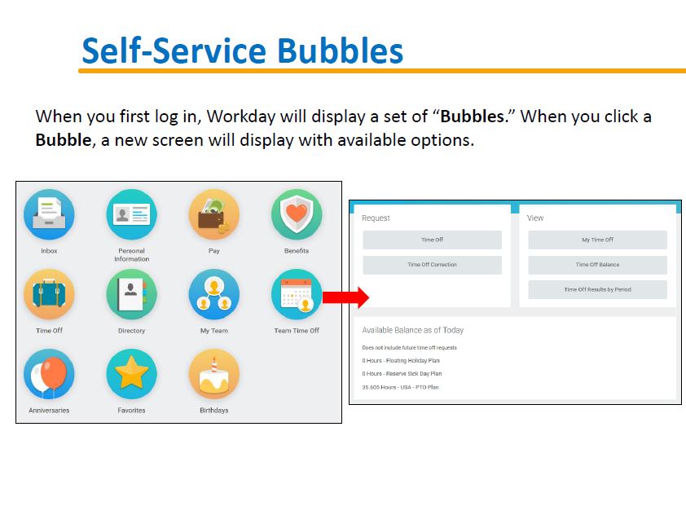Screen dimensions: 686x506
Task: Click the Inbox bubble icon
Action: (x=49, y=214)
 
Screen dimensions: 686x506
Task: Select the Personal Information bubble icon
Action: (x=131, y=214)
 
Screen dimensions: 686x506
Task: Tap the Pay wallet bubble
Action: (x=214, y=214)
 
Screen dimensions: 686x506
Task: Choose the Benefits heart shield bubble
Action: (x=297, y=214)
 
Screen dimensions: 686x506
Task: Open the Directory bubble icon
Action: (x=131, y=294)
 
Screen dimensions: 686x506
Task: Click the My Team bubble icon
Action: (x=214, y=294)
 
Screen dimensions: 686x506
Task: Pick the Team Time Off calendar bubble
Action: (x=297, y=294)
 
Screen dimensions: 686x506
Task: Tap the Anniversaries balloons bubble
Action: (x=49, y=374)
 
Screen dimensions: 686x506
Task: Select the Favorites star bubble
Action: (x=131, y=374)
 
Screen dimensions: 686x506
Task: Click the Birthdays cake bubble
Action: (x=214, y=374)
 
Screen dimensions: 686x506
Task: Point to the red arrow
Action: (x=345, y=297)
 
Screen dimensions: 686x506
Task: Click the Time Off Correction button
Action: (x=433, y=265)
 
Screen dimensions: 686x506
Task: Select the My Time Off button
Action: (x=598, y=240)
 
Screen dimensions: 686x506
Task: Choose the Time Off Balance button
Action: (x=598, y=265)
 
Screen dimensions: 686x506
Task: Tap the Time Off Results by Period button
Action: (x=598, y=290)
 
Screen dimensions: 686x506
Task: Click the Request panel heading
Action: (x=376, y=218)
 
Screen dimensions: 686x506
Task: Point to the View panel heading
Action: (x=535, y=218)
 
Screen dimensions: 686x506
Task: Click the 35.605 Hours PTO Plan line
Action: (x=400, y=387)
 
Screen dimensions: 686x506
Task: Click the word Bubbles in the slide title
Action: (x=340, y=51)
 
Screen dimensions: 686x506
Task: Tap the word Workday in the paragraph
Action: (x=241, y=117)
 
